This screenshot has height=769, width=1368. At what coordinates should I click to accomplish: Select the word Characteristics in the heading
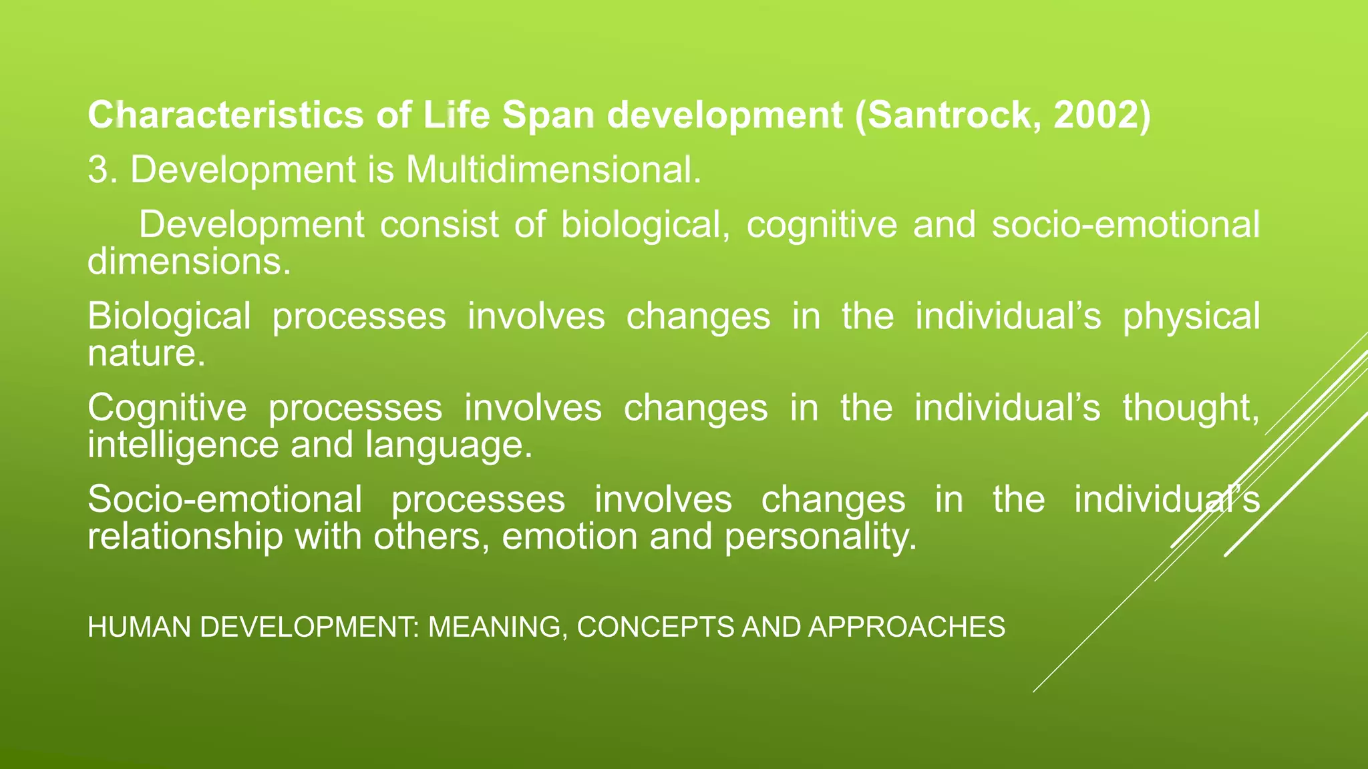[225, 115]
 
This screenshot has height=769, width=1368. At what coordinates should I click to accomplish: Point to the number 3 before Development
[98, 170]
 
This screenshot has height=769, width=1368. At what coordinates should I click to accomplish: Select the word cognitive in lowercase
[821, 224]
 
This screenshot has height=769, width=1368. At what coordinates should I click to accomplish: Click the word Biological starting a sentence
[169, 316]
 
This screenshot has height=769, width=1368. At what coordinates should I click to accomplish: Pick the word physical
[1190, 316]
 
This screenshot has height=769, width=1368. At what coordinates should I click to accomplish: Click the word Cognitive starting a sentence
[167, 408]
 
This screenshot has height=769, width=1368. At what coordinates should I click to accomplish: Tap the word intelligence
[182, 445]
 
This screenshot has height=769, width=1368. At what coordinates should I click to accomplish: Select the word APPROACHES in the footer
[906, 627]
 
